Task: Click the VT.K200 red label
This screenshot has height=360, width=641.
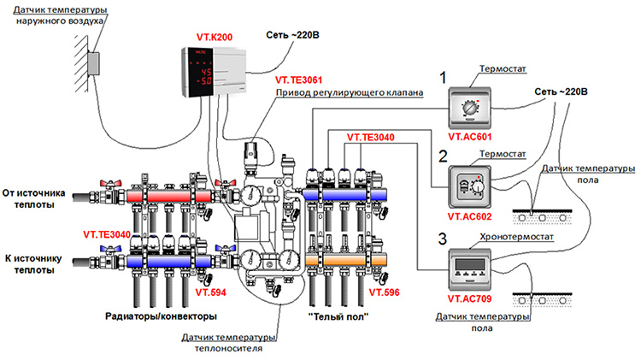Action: click(x=208, y=38)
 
